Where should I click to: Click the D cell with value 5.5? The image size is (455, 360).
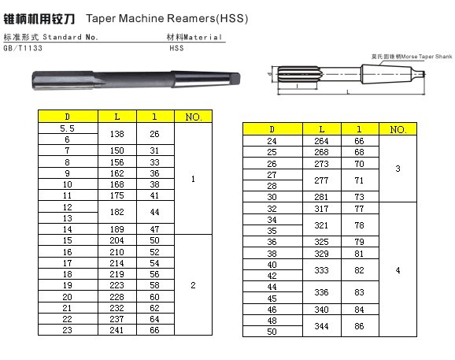pos(68,128)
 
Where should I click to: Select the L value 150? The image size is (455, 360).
pos(117,150)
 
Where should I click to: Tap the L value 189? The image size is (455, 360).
pos(117,229)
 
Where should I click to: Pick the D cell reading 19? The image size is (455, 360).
pos(68,285)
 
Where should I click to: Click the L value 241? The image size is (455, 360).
pos(117,330)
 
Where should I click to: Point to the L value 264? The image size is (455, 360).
pos(321,141)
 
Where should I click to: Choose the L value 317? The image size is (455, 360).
pos(321,209)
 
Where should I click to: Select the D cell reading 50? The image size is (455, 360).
pos(272,332)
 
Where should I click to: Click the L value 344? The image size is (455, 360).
pos(321,326)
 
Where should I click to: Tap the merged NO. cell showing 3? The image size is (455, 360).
pos(398,169)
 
